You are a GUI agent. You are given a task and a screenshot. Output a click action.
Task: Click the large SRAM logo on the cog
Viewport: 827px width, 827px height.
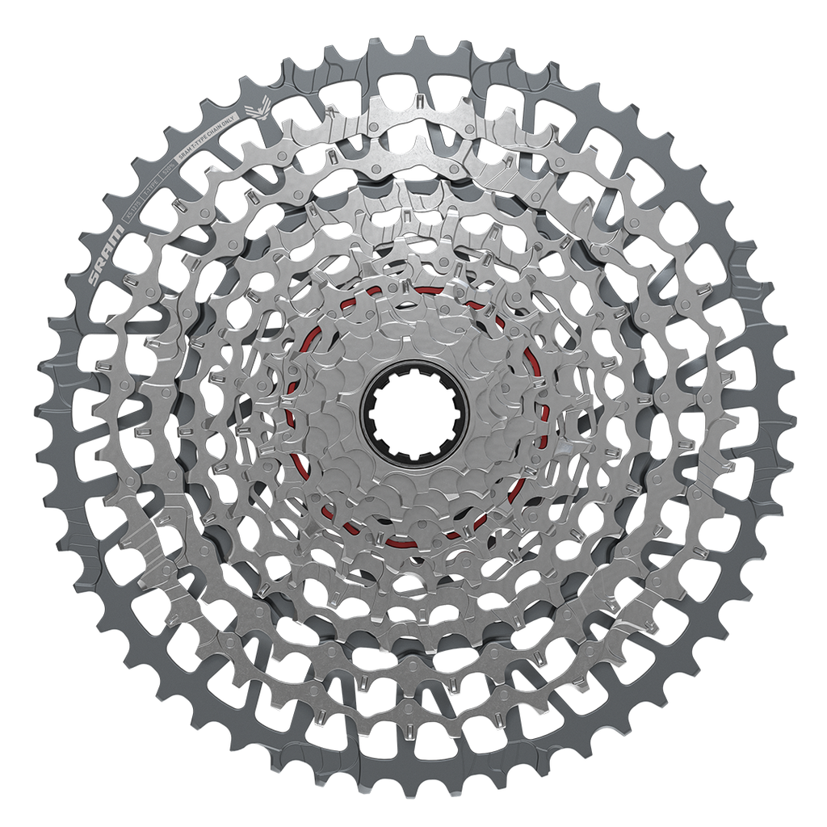pos(107,255)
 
